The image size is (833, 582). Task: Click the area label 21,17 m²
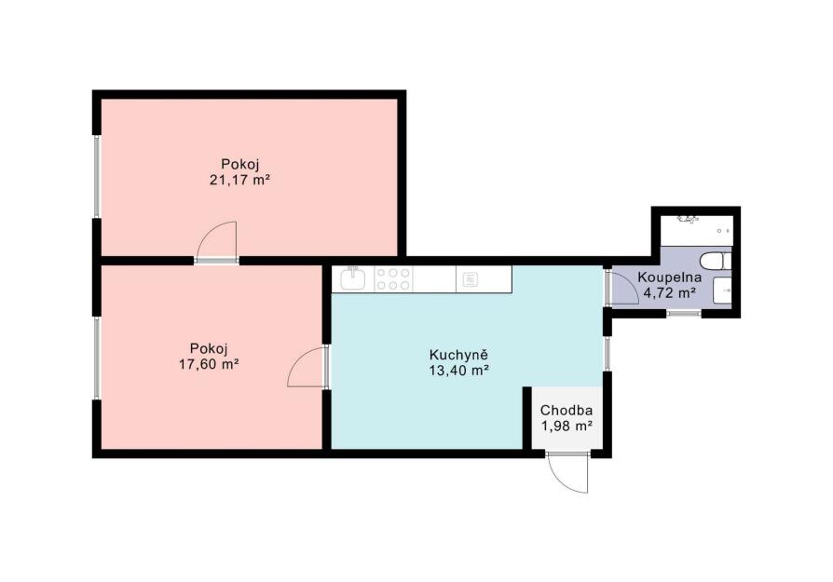click(239, 180)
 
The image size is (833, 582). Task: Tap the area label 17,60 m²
click(209, 364)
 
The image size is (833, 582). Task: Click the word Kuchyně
click(458, 355)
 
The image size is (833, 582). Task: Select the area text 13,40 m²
click(458, 371)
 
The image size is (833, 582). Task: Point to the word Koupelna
click(669, 277)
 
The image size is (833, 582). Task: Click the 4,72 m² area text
click(669, 292)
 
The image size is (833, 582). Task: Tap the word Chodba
click(567, 411)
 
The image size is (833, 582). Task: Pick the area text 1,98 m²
click(567, 426)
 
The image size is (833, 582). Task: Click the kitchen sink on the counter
click(353, 278)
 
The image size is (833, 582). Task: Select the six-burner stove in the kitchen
click(393, 278)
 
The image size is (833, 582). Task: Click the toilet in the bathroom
click(715, 262)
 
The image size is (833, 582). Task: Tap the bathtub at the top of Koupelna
click(696, 230)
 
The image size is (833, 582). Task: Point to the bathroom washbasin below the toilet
click(722, 291)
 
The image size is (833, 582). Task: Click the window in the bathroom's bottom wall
click(684, 313)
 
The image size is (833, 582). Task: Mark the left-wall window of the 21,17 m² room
click(97, 177)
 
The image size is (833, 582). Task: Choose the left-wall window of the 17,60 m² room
click(97, 358)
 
